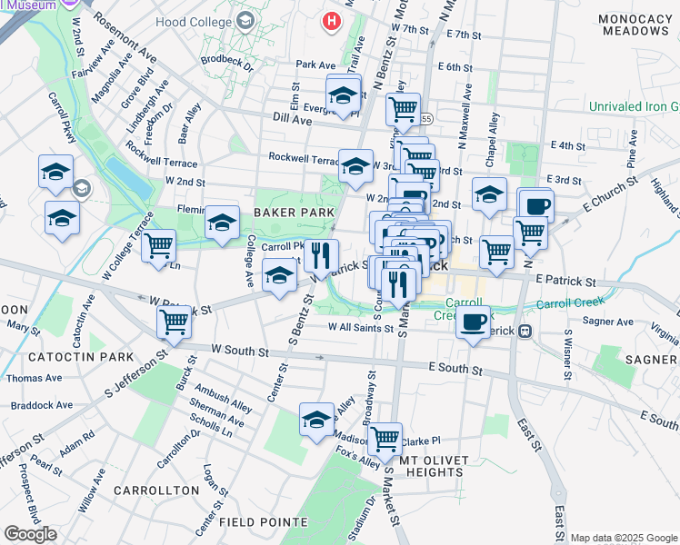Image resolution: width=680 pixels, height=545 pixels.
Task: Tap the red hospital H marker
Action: coord(334,19)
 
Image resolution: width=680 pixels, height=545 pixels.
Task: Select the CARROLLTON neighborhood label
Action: coord(156,490)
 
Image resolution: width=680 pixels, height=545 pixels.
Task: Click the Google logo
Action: coord(30,534)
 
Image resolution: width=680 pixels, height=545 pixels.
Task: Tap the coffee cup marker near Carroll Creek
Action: coord(473,322)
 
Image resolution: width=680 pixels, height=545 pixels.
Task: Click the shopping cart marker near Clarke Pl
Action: coord(385,439)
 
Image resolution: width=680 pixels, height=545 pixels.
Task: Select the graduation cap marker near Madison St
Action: coord(316,420)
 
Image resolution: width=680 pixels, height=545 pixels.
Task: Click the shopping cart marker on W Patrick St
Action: coord(173,321)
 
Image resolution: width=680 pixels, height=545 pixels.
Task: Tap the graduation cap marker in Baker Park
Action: coord(222,223)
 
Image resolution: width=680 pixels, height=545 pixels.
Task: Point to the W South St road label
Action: coord(240,349)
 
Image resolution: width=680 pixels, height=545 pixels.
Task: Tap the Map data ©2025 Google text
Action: coord(624,538)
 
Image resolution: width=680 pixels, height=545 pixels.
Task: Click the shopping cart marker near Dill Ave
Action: coord(402,109)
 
